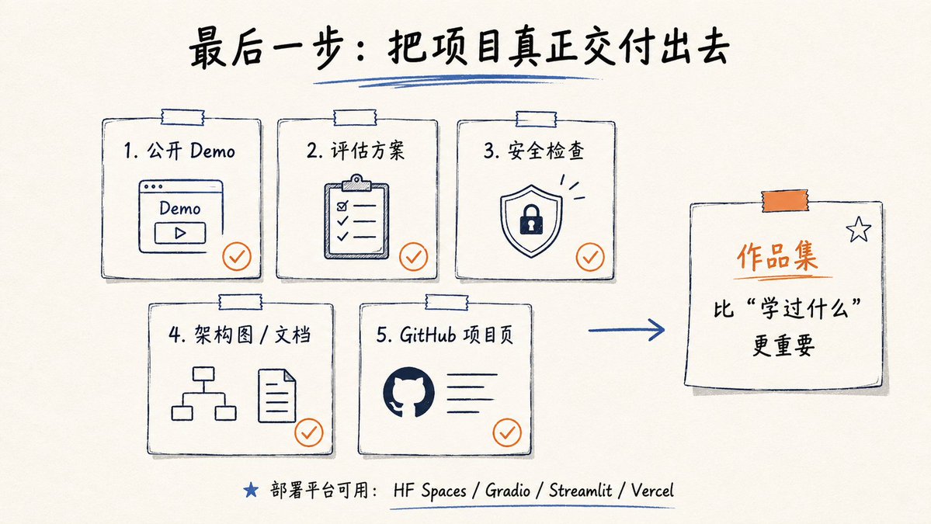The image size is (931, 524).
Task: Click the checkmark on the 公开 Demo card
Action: coord(237,256)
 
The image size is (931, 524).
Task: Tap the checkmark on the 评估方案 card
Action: coord(413,256)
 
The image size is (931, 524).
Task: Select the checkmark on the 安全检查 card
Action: coord(590,257)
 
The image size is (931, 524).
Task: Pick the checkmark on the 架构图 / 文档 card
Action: coord(309,432)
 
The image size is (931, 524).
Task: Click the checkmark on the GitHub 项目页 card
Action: coord(507,432)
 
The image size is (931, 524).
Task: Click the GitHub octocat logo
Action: coord(408,392)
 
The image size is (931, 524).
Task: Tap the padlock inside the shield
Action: coord(531,220)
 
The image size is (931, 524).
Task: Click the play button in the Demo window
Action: coord(180,233)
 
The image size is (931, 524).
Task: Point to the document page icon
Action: coord(276,395)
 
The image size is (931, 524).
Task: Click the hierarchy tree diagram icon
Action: coord(203,394)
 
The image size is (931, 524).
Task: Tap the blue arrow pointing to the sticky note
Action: coord(627,330)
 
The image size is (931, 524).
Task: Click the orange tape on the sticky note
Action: coord(785,201)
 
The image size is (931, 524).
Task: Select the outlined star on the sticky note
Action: coord(859,230)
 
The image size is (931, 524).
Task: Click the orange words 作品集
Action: coord(777,257)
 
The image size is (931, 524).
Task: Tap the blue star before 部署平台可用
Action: coord(251,490)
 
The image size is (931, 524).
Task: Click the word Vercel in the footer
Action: coord(652,491)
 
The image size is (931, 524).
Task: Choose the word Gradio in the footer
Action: coord(508,491)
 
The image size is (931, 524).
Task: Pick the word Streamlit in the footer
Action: coord(580,491)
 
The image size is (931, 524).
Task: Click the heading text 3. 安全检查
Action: coord(533,150)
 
